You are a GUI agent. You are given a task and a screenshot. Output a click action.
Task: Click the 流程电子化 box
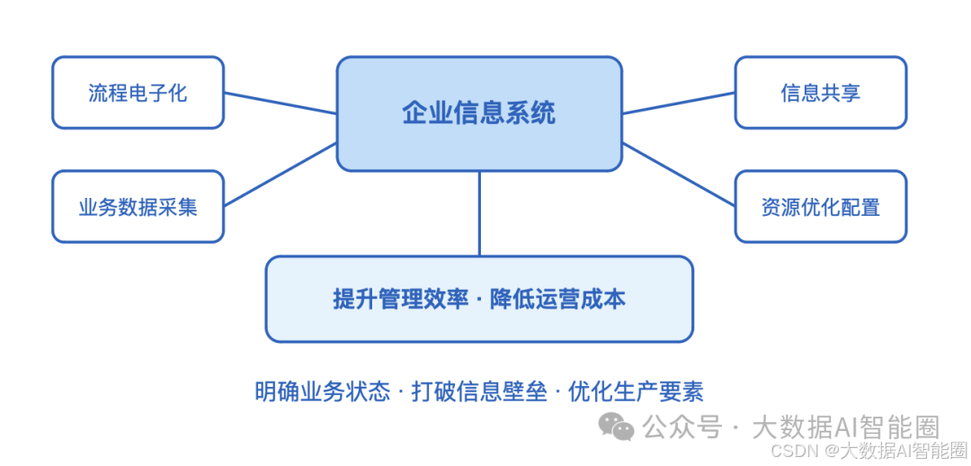(138, 93)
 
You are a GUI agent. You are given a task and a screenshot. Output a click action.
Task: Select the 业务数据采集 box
(138, 207)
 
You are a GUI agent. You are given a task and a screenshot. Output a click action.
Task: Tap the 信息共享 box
(820, 93)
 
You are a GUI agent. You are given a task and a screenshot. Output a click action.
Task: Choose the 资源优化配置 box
(820, 207)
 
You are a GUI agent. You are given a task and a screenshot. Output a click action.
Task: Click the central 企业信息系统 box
(479, 113)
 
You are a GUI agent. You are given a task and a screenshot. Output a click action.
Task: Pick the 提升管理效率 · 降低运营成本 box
(479, 299)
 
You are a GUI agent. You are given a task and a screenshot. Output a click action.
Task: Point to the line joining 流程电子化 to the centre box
(280, 103)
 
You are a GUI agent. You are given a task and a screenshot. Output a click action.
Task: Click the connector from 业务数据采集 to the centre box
(280, 175)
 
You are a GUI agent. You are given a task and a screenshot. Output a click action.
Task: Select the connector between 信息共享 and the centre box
(679, 103)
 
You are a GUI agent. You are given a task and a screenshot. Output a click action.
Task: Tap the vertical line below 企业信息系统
(479, 213)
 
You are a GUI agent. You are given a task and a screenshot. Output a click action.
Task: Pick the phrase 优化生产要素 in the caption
(636, 391)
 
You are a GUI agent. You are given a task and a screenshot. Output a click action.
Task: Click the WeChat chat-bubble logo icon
(617, 426)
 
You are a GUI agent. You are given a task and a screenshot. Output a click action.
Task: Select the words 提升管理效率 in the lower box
(401, 299)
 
